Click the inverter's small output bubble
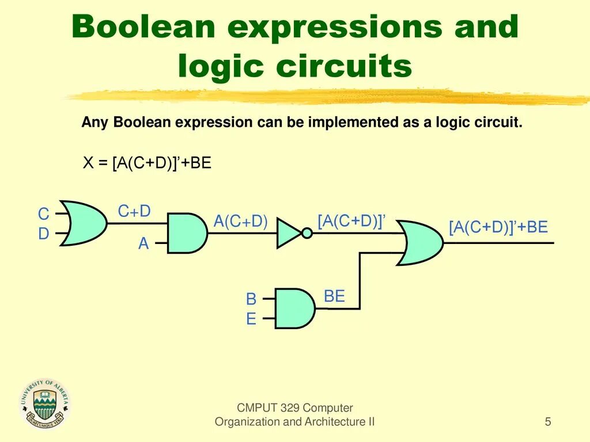(307, 233)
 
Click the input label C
(44, 215)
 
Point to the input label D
(44, 234)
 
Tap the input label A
(143, 244)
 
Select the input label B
(251, 299)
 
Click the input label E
(251, 318)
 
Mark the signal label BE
(334, 297)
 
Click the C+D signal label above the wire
(134, 211)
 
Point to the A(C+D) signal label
(241, 222)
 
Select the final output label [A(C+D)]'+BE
(498, 227)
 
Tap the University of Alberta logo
(46, 405)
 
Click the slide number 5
(548, 422)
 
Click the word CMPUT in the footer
(258, 408)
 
